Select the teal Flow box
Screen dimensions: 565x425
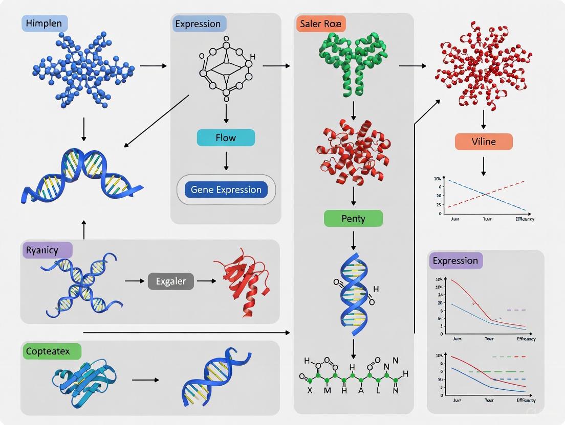[226, 138]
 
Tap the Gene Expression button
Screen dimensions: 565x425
[226, 190]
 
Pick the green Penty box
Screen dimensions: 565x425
[353, 219]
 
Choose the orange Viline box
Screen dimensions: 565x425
[483, 141]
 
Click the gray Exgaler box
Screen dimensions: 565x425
[171, 281]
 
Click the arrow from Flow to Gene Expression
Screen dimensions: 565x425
[226, 161]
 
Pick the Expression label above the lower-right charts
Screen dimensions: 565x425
[455, 261]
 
